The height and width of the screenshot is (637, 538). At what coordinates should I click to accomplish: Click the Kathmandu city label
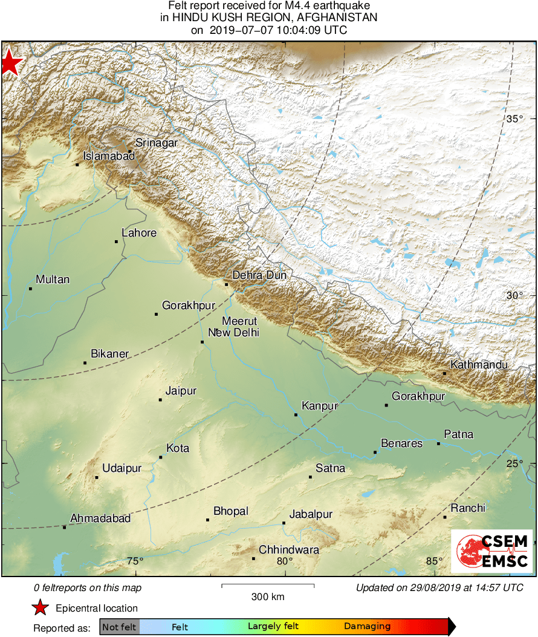479,365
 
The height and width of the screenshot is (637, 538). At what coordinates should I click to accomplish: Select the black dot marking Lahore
117,241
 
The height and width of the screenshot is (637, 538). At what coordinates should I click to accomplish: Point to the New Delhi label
233,333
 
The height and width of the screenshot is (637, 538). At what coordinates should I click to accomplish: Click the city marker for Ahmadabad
65,527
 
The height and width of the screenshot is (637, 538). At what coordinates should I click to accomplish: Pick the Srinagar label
156,143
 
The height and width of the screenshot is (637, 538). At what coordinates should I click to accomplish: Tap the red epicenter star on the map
10,63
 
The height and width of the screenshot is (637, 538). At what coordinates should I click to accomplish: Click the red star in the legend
40,608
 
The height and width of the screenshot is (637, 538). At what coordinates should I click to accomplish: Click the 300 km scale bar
268,586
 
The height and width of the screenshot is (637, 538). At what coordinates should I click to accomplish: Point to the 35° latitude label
514,119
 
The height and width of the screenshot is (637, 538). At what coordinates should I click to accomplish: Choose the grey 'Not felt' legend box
119,627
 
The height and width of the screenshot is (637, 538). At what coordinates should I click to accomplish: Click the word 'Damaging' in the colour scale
368,627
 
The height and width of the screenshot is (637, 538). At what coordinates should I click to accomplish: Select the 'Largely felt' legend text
273,627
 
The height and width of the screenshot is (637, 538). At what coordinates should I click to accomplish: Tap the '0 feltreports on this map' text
88,588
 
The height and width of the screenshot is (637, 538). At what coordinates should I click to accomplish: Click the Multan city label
53,279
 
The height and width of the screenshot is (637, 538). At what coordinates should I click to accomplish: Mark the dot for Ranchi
445,517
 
